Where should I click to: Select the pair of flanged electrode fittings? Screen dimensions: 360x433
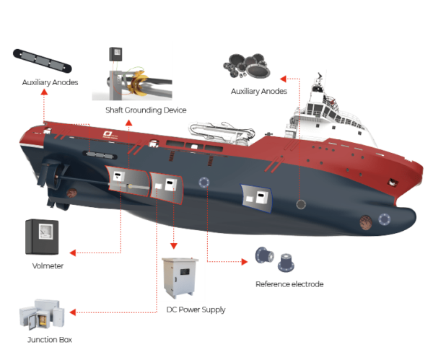pyautogui.click(x=275, y=259)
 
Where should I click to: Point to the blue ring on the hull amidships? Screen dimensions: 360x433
pyautogui.click(x=204, y=183)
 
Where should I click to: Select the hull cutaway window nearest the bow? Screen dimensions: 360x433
pyautogui.click(x=257, y=195)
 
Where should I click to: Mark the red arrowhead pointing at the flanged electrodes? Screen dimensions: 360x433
pyautogui.click(x=244, y=261)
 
